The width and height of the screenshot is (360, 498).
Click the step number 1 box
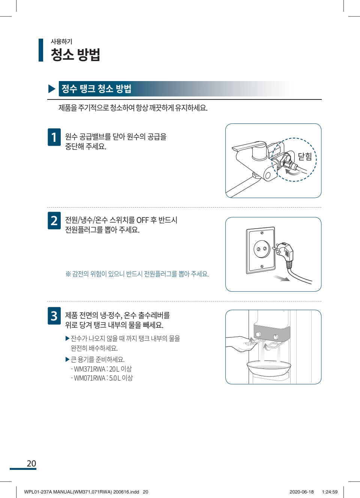[54, 137]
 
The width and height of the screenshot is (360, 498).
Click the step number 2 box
[54, 220]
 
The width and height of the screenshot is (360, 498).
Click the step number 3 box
[54, 316]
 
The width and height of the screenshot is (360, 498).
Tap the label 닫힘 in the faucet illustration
[304, 156]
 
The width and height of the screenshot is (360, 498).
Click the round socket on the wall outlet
[262, 249]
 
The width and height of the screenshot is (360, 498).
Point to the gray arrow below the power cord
[281, 278]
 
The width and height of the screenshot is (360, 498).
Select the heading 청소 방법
[75, 54]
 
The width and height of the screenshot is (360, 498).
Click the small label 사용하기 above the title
[61, 41]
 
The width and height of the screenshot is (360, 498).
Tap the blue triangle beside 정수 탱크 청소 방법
[52, 89]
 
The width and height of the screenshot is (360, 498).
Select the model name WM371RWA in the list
[90, 369]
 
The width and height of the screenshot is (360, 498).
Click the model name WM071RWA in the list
[90, 378]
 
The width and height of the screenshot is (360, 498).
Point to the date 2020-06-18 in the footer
[301, 492]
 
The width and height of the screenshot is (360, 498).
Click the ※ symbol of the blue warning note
[68, 274]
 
